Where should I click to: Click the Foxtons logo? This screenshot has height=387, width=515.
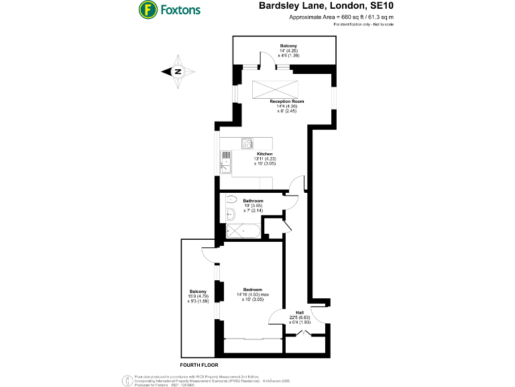tap(168, 10)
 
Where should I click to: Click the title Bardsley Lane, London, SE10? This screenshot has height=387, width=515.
tap(318, 7)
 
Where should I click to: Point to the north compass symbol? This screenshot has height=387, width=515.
tap(178, 72)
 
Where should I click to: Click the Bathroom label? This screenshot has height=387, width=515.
tap(253, 201)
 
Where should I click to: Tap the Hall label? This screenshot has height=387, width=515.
tap(300, 313)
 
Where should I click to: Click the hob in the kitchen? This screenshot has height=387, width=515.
tap(247, 142)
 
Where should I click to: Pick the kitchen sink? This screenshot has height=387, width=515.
tap(226, 161)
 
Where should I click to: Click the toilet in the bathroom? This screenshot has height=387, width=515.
tap(231, 199)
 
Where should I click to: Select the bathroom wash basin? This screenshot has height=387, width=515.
tap(229, 214)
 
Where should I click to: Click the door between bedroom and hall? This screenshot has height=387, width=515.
tap(277, 319)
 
